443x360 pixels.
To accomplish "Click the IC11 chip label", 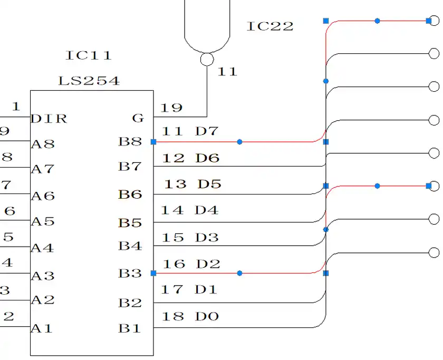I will click(x=89, y=55).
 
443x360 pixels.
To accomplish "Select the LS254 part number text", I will click(x=89, y=81).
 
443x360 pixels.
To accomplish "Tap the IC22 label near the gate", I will click(x=270, y=26).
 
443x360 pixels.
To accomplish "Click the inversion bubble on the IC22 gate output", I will click(x=207, y=59).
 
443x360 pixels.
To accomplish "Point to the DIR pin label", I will click(x=49, y=119).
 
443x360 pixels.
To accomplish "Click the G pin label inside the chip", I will click(x=138, y=119).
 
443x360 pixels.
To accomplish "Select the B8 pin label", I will click(x=130, y=141).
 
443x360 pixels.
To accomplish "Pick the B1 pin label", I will click(x=130, y=328).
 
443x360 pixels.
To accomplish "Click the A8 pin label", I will click(x=43, y=144).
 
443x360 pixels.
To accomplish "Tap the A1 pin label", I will click(x=42, y=328).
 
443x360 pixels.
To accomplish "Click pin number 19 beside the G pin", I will click(x=171, y=108).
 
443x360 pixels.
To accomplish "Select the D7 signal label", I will click(x=207, y=131).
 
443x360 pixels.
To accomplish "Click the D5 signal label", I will click(x=209, y=184).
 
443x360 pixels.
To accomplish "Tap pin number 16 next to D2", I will click(x=174, y=264).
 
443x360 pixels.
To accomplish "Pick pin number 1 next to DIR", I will click(x=16, y=106).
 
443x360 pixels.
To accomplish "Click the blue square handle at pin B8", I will click(x=153, y=142).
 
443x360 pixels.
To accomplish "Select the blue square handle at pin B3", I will click(x=153, y=274).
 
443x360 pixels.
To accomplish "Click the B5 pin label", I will click(x=130, y=222).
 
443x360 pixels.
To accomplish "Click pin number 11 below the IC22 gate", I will click(x=227, y=72).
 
